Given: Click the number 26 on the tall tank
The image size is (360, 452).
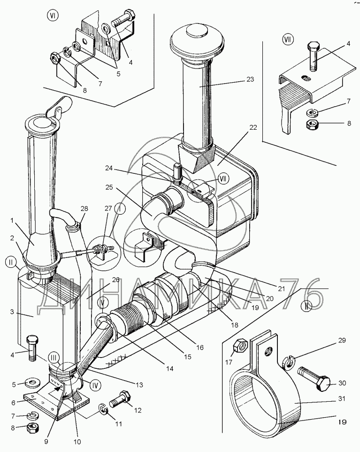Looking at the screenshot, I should pos(115,281).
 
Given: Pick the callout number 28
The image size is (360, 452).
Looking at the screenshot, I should pos(84,208).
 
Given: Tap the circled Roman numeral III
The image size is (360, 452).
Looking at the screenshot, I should pos(54,357).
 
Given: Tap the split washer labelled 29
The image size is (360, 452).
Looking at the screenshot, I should pos(288,361).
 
